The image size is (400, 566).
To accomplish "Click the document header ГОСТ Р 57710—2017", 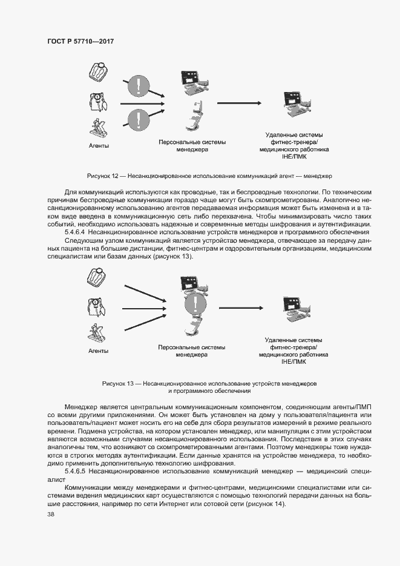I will click(x=80, y=41).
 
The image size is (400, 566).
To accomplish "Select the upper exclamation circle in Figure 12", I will click(x=139, y=88).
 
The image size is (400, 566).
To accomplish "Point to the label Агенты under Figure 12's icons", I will click(x=98, y=146).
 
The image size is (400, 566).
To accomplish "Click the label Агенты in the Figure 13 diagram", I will click(x=98, y=351).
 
